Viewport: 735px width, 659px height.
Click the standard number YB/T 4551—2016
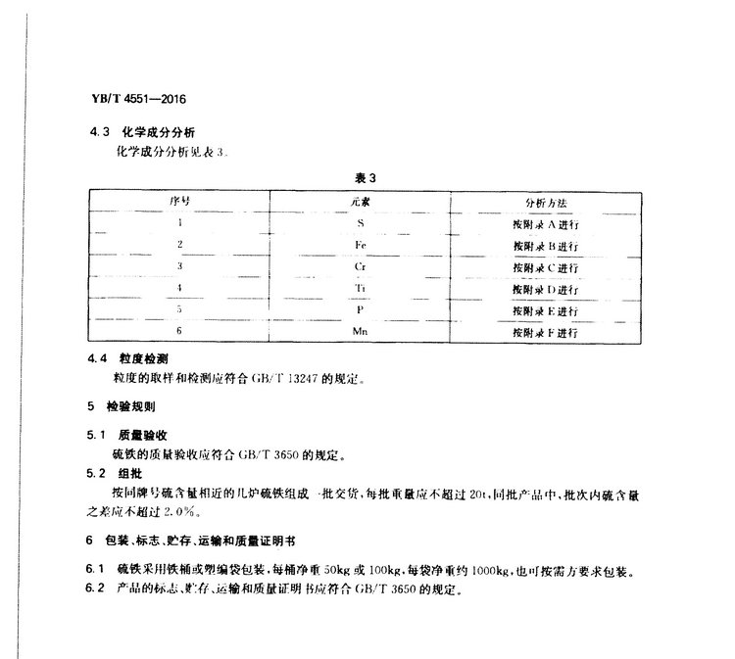coord(137,100)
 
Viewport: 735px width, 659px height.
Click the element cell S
coord(360,223)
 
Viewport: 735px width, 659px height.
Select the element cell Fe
coord(360,244)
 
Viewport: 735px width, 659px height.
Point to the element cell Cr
coord(360,266)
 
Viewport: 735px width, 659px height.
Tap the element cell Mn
coord(360,333)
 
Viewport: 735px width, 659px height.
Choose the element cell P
coord(360,310)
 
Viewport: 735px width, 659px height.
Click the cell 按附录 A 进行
coord(545,223)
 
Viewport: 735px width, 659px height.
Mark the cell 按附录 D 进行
coord(545,289)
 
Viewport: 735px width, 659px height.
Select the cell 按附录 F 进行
coord(545,333)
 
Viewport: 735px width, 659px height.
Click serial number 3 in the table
coord(179,266)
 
